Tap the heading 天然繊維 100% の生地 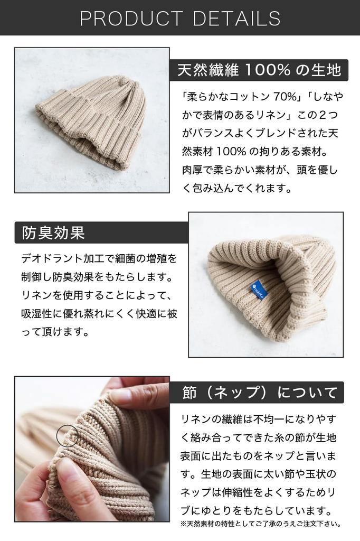point(259,70)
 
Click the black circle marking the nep point(67,436)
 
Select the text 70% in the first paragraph point(287,97)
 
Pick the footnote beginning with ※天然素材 point(261,524)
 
